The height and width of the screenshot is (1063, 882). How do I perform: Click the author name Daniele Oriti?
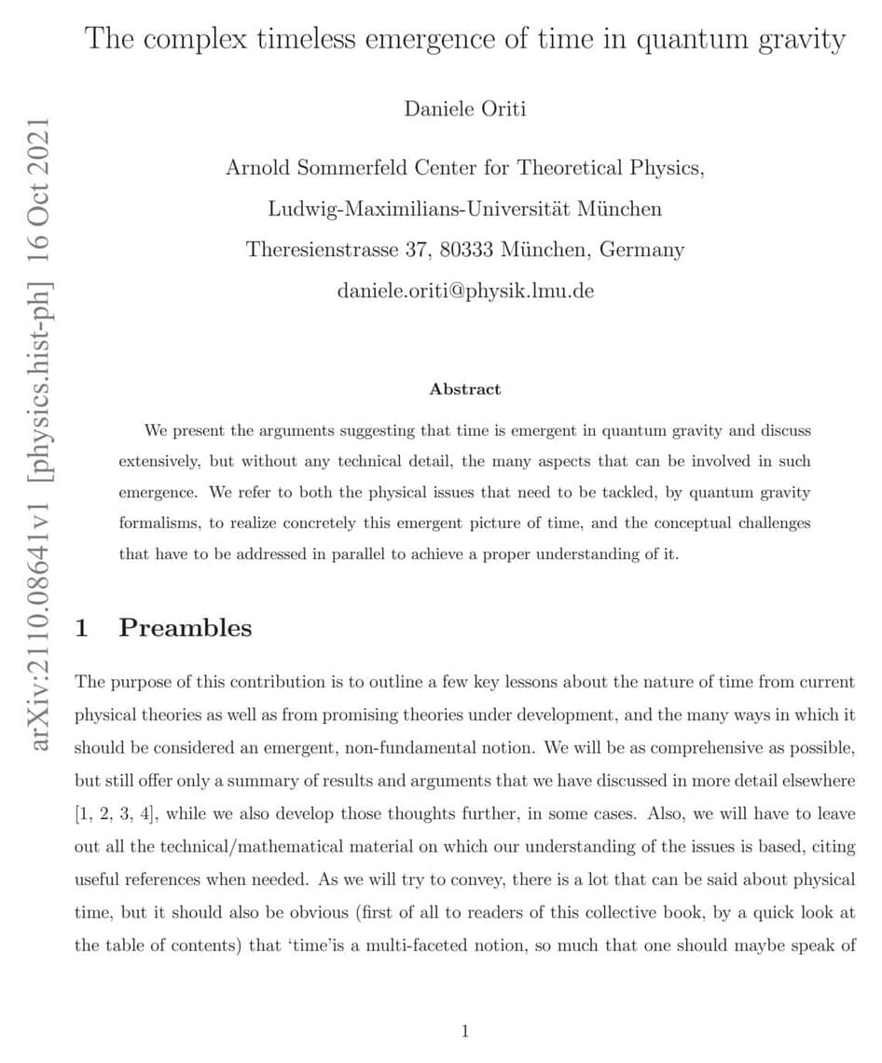coord(465,109)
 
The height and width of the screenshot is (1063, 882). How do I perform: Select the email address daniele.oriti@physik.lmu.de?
coord(465,291)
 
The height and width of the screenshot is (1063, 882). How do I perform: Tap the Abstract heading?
coord(465,389)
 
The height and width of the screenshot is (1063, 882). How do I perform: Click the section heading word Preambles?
coord(186,628)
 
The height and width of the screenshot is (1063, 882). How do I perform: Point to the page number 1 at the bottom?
coord(465,1030)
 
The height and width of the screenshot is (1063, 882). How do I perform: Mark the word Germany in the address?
coord(641,250)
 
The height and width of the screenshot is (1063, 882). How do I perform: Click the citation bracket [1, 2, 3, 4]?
coord(116,813)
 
